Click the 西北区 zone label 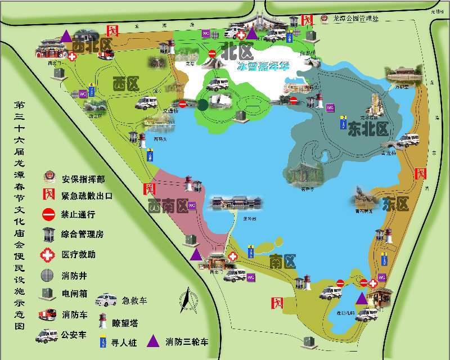click(x=93, y=46)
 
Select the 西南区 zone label click(x=168, y=206)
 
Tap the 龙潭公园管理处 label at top click(x=357, y=19)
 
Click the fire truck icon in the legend click(x=47, y=314)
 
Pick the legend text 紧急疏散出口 click(x=87, y=196)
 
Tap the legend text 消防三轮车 click(x=186, y=341)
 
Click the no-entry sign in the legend click(x=48, y=214)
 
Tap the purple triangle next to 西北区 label click(x=66, y=36)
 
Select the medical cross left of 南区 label click(x=232, y=255)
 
